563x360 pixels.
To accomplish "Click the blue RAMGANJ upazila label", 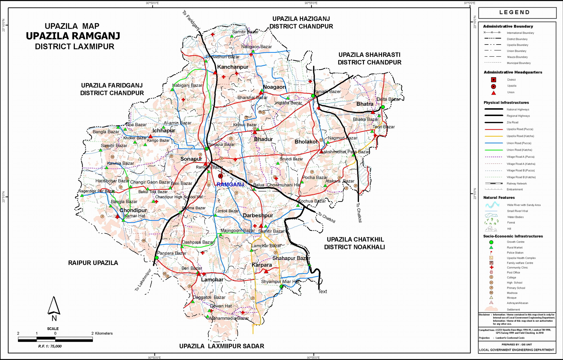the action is coord(230,185).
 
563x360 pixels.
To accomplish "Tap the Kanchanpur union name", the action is coord(233,67).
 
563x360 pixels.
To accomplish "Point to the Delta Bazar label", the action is coord(388,99).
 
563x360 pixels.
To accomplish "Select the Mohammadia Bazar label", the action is coord(229,318).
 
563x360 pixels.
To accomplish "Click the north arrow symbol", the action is coord(53,306).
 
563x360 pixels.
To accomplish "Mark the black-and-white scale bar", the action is coord(55,339).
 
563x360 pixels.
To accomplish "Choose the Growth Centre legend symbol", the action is coord(491,242).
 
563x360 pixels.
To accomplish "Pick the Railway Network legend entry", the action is coord(516,183).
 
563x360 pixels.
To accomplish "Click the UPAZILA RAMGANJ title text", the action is coord(73,36).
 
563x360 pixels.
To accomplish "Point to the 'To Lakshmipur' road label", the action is coord(143,280).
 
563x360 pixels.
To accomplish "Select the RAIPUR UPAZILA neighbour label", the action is coord(93,263).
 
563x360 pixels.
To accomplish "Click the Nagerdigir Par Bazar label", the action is coord(97,191).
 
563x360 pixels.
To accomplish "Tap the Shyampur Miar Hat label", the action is coord(280,281).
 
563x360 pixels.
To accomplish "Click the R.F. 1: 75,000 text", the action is coord(50,346).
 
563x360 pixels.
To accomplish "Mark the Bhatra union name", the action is coord(365,104).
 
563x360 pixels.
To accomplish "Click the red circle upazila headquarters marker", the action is coord(220,176).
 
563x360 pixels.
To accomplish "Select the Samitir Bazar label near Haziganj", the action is coord(245,32).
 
